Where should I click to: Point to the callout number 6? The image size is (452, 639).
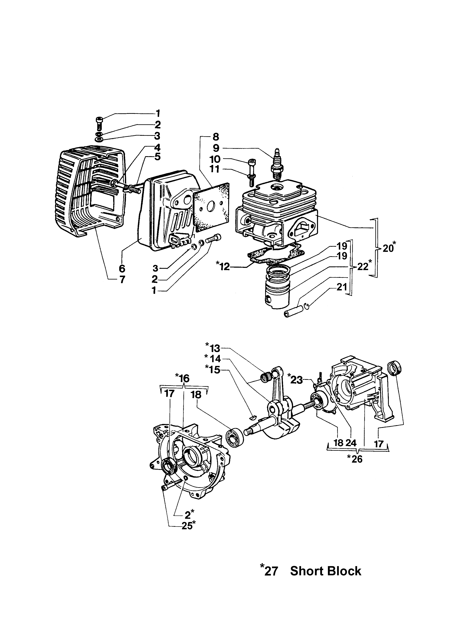point(122,269)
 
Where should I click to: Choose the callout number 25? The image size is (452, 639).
point(187,526)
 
